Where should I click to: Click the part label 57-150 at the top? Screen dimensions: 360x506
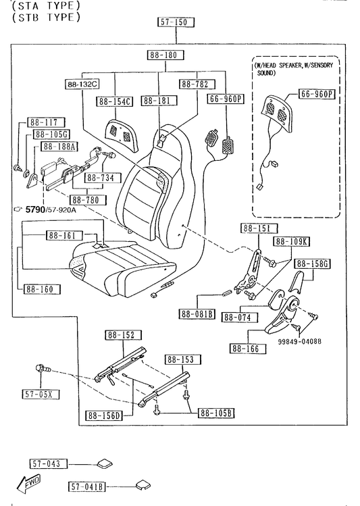[176, 22]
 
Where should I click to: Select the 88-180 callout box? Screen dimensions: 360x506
[165, 55]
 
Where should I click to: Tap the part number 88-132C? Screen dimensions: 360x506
[82, 84]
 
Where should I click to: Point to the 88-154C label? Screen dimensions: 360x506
[115, 101]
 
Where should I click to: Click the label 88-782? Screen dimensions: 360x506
[197, 84]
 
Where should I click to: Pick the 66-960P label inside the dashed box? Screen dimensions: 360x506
[317, 94]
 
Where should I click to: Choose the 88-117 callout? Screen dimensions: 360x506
[46, 122]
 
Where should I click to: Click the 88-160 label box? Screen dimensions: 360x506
[42, 289]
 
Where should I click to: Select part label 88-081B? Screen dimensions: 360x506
[197, 314]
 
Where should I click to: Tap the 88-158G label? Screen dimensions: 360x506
[312, 263]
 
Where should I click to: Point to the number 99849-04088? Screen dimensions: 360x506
[300, 341]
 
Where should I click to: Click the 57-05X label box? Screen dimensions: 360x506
[41, 394]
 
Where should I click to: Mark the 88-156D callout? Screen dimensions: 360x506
[104, 415]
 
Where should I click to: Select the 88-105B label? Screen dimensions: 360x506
[216, 413]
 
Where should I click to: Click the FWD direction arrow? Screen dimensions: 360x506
[28, 483]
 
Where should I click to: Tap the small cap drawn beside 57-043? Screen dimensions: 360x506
[105, 463]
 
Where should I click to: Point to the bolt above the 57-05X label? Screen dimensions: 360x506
[43, 369]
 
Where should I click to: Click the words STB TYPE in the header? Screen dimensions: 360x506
[46, 17]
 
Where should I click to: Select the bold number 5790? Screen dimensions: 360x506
[35, 209]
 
